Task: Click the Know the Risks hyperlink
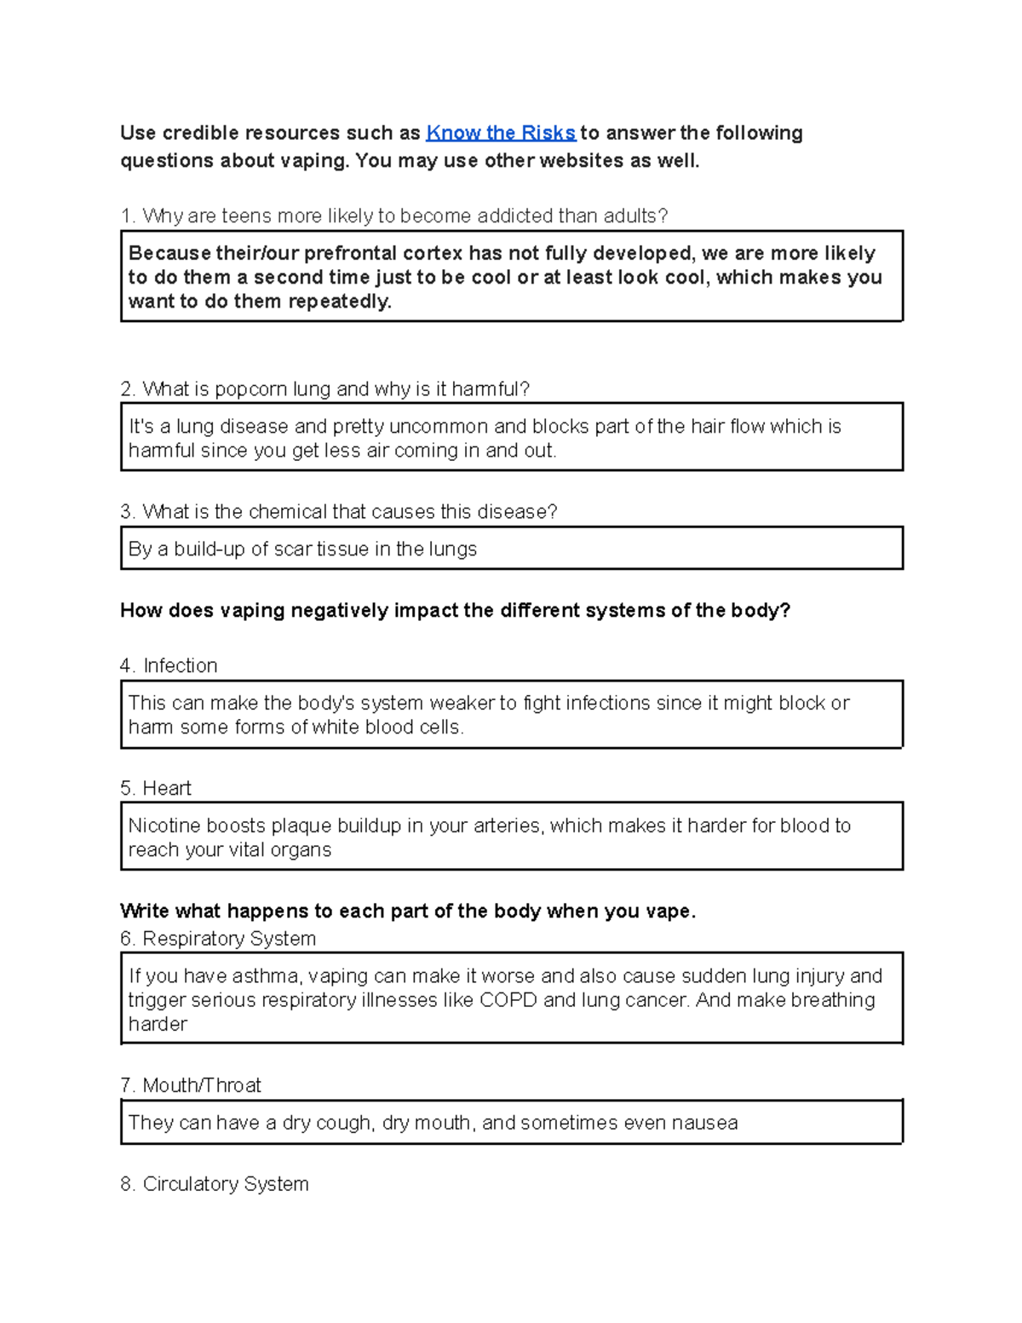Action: [501, 133]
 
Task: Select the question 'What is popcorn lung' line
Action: [324, 389]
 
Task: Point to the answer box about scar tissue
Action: [511, 549]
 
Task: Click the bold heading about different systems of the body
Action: [455, 611]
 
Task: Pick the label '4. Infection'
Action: [169, 665]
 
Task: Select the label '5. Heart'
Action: [156, 788]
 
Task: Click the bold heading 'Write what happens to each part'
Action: [408, 911]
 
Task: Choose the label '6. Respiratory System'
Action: [218, 938]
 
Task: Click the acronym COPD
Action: [508, 999]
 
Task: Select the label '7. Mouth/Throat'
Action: [191, 1085]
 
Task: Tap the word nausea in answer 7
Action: [704, 1123]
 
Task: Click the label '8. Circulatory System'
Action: [215, 1184]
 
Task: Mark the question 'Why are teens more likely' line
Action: [394, 216]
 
